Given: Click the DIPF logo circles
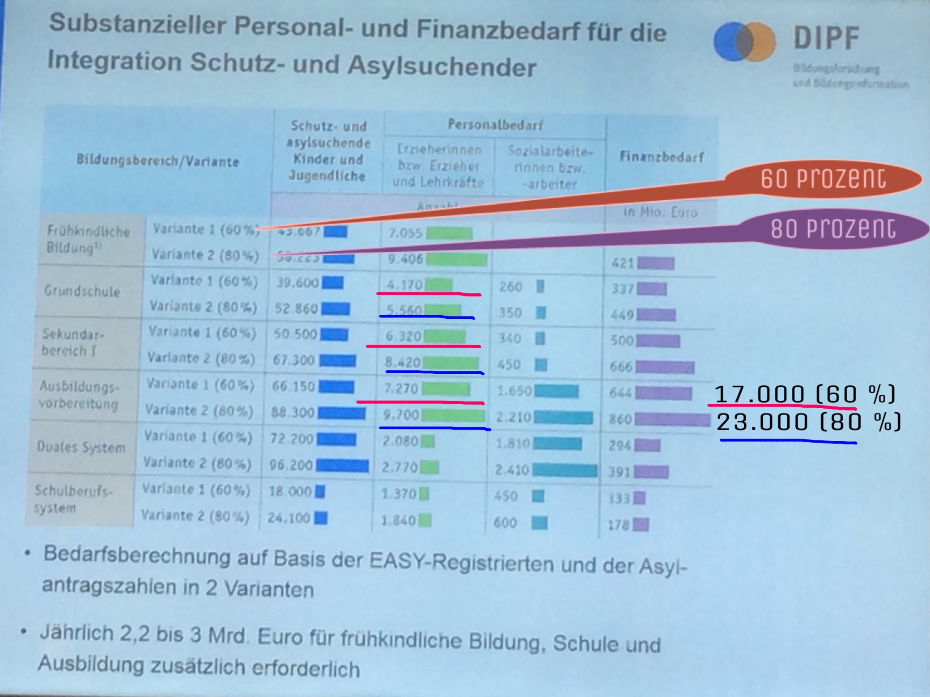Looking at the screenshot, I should point(744,42).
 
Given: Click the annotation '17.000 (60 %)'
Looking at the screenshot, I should point(804,394).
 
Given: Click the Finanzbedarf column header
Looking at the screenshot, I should point(661,157).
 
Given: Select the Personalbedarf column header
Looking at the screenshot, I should point(495,125).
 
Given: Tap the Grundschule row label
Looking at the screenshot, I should point(82,291).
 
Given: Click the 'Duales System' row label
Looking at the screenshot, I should point(81,447).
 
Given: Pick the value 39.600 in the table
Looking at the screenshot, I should point(297,283).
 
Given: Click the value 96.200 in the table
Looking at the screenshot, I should point(291,465).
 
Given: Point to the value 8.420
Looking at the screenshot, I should point(403,362).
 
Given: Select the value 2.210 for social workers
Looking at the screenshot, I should point(513,418).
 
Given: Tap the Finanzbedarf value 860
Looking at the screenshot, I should point(620,419).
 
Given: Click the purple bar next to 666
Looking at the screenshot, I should point(665,367).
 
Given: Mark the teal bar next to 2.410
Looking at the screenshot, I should point(565,470).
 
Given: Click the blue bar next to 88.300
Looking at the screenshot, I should point(342,413).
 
